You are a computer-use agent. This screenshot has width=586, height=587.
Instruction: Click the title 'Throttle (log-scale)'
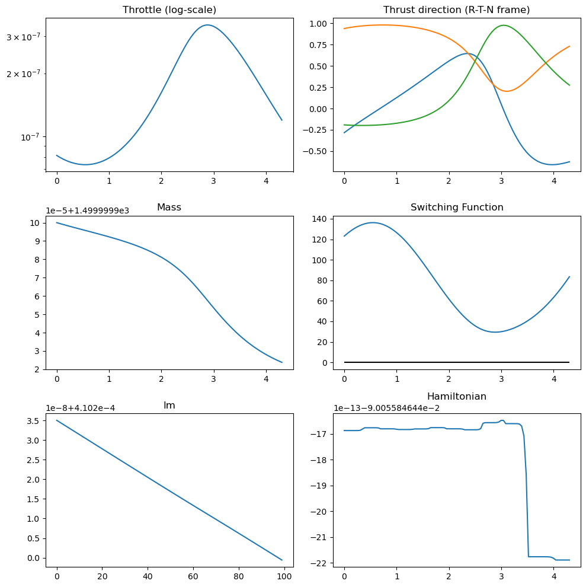[169, 10]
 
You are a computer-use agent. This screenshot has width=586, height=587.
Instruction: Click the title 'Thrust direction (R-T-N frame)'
[456, 10]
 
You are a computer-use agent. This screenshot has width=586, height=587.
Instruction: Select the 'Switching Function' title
[456, 208]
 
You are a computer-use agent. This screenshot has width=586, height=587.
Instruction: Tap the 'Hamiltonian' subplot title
[456, 396]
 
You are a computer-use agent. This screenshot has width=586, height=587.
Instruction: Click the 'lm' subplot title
[169, 406]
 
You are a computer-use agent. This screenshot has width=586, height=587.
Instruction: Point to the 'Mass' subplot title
[169, 208]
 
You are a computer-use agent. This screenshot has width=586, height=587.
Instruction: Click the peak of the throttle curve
[207, 25]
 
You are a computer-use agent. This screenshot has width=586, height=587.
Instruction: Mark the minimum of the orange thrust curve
[507, 91]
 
